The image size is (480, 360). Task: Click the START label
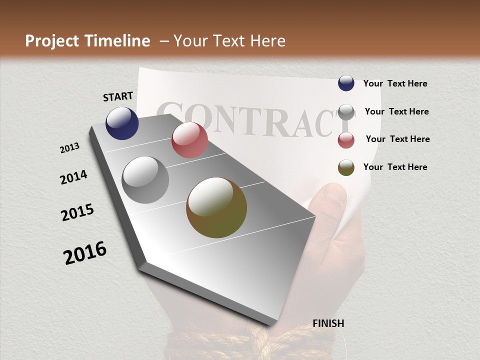pos(118,96)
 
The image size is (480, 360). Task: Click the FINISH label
pos(328,323)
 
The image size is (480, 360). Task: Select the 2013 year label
pos(69,148)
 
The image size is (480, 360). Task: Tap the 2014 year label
pos(73,177)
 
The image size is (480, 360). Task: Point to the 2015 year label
pos(77,212)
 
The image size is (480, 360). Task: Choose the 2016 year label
pos(85,253)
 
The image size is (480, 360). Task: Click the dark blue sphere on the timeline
pos(122,123)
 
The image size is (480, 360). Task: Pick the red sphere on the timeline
pos(189,140)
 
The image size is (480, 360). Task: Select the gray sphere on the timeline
pos(145,180)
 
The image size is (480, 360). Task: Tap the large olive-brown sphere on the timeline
pos(216,207)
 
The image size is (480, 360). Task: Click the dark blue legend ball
pos(346,83)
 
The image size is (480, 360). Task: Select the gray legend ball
pos(346,112)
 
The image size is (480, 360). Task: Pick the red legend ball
pos(346,140)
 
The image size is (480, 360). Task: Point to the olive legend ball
pos(346,167)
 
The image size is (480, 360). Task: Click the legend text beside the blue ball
pos(395,84)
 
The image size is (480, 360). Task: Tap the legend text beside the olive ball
pos(395,167)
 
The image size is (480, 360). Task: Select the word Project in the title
pos(51,41)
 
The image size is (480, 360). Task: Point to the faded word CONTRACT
pos(255,120)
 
